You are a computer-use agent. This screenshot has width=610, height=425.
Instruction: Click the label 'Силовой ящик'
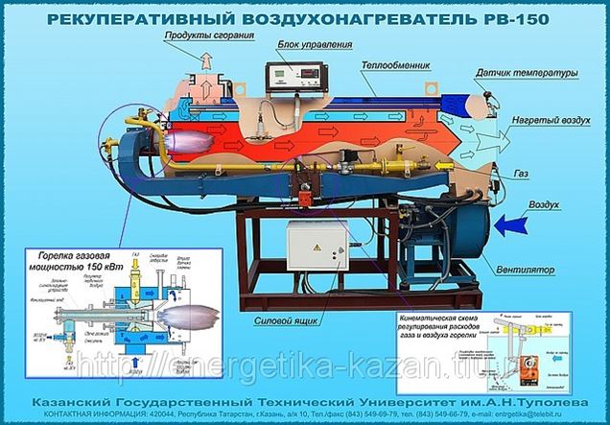[x=293, y=322]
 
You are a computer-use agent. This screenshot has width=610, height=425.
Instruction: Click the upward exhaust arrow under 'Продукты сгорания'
[x=204, y=61]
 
